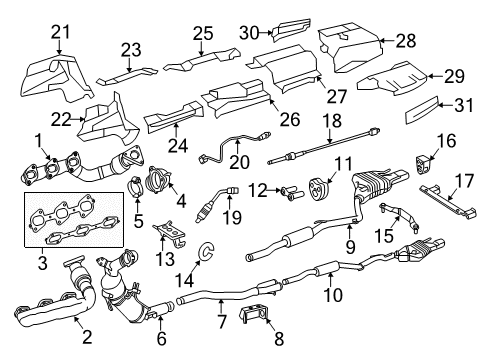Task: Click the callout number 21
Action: [61, 32]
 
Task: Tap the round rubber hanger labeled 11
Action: [319, 189]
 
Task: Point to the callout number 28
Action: [406, 41]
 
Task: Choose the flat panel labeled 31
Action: [422, 110]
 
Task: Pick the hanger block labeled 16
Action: [425, 163]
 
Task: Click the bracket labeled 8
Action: [253, 315]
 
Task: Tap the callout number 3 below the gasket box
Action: [43, 263]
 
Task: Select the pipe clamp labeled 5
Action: [136, 186]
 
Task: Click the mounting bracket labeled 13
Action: [171, 232]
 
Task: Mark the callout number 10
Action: [333, 295]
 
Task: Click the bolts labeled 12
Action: [292, 192]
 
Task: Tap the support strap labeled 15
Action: [399, 215]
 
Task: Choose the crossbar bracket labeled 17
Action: [448, 200]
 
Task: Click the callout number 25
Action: [203, 34]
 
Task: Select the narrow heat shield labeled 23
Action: [127, 76]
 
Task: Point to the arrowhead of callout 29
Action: [430, 76]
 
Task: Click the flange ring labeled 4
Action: [158, 179]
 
